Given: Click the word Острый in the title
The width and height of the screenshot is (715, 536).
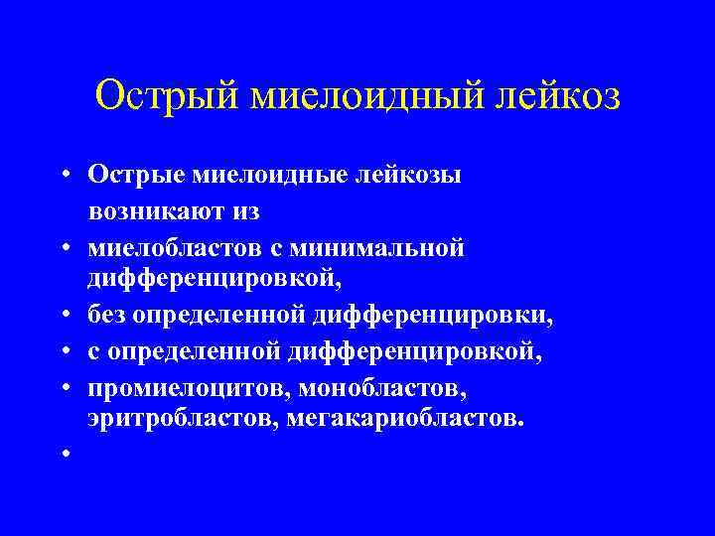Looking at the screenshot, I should (164, 96).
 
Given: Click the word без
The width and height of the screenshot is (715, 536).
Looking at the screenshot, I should (107, 317).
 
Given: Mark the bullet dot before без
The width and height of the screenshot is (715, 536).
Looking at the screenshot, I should (63, 318).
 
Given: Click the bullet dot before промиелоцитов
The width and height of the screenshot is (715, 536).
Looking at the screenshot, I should (63, 385).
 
